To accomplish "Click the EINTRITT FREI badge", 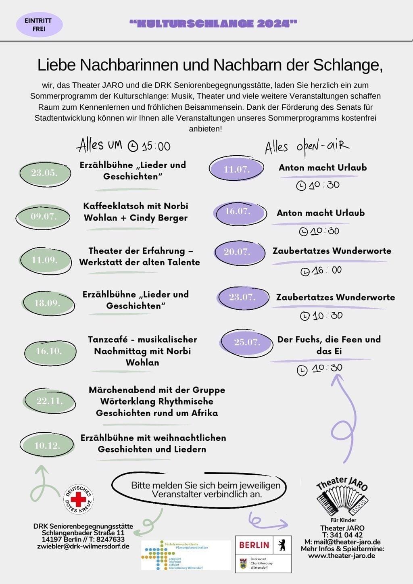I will (x=39, y=25).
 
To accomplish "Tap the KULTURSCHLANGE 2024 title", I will (x=213, y=24).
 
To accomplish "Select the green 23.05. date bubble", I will (x=45, y=173).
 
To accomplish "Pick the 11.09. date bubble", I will (x=45, y=260).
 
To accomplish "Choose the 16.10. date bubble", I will (x=49, y=351).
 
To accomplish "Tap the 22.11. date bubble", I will (x=49, y=401).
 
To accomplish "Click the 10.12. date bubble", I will (x=47, y=446).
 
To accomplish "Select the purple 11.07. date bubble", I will (x=236, y=169).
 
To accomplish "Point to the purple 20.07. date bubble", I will (x=238, y=252).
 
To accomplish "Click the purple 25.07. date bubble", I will (x=246, y=342).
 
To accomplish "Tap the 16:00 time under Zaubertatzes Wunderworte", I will (x=321, y=271).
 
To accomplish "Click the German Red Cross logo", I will (x=78, y=499).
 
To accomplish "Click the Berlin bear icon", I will (x=282, y=545).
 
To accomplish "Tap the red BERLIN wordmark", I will (x=254, y=545).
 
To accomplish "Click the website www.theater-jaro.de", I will (x=342, y=556).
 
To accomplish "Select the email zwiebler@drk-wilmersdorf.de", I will (x=83, y=546).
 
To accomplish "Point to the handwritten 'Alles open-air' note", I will (x=307, y=147).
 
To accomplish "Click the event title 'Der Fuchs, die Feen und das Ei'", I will (x=329, y=345).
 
